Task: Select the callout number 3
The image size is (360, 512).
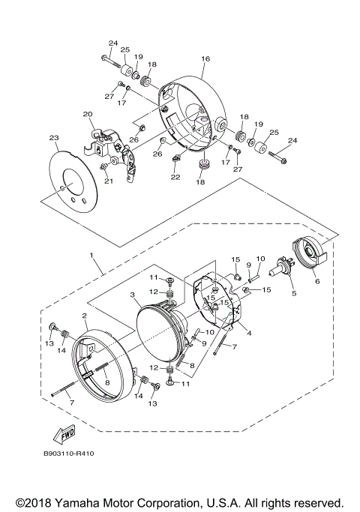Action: (x=133, y=296)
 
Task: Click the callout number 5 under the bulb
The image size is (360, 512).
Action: (x=283, y=294)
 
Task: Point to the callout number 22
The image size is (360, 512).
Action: (x=175, y=177)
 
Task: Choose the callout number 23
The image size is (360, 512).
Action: (x=53, y=138)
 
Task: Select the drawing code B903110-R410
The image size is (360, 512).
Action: (x=68, y=474)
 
